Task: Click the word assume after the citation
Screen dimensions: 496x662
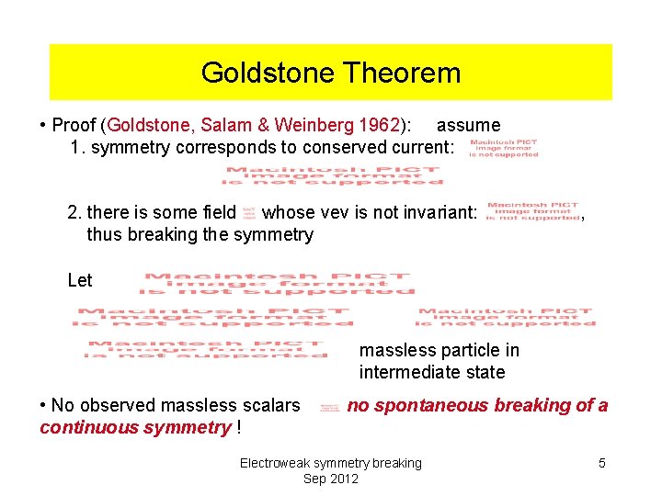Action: tap(468, 125)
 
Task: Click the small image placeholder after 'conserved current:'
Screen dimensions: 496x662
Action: tap(503, 148)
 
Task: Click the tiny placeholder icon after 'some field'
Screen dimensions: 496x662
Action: tap(248, 213)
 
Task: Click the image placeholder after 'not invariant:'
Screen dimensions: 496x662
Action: tap(531, 212)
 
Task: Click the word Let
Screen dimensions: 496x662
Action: tap(80, 280)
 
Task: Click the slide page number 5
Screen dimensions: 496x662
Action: tap(601, 463)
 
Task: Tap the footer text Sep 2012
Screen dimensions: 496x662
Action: tap(330, 479)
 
